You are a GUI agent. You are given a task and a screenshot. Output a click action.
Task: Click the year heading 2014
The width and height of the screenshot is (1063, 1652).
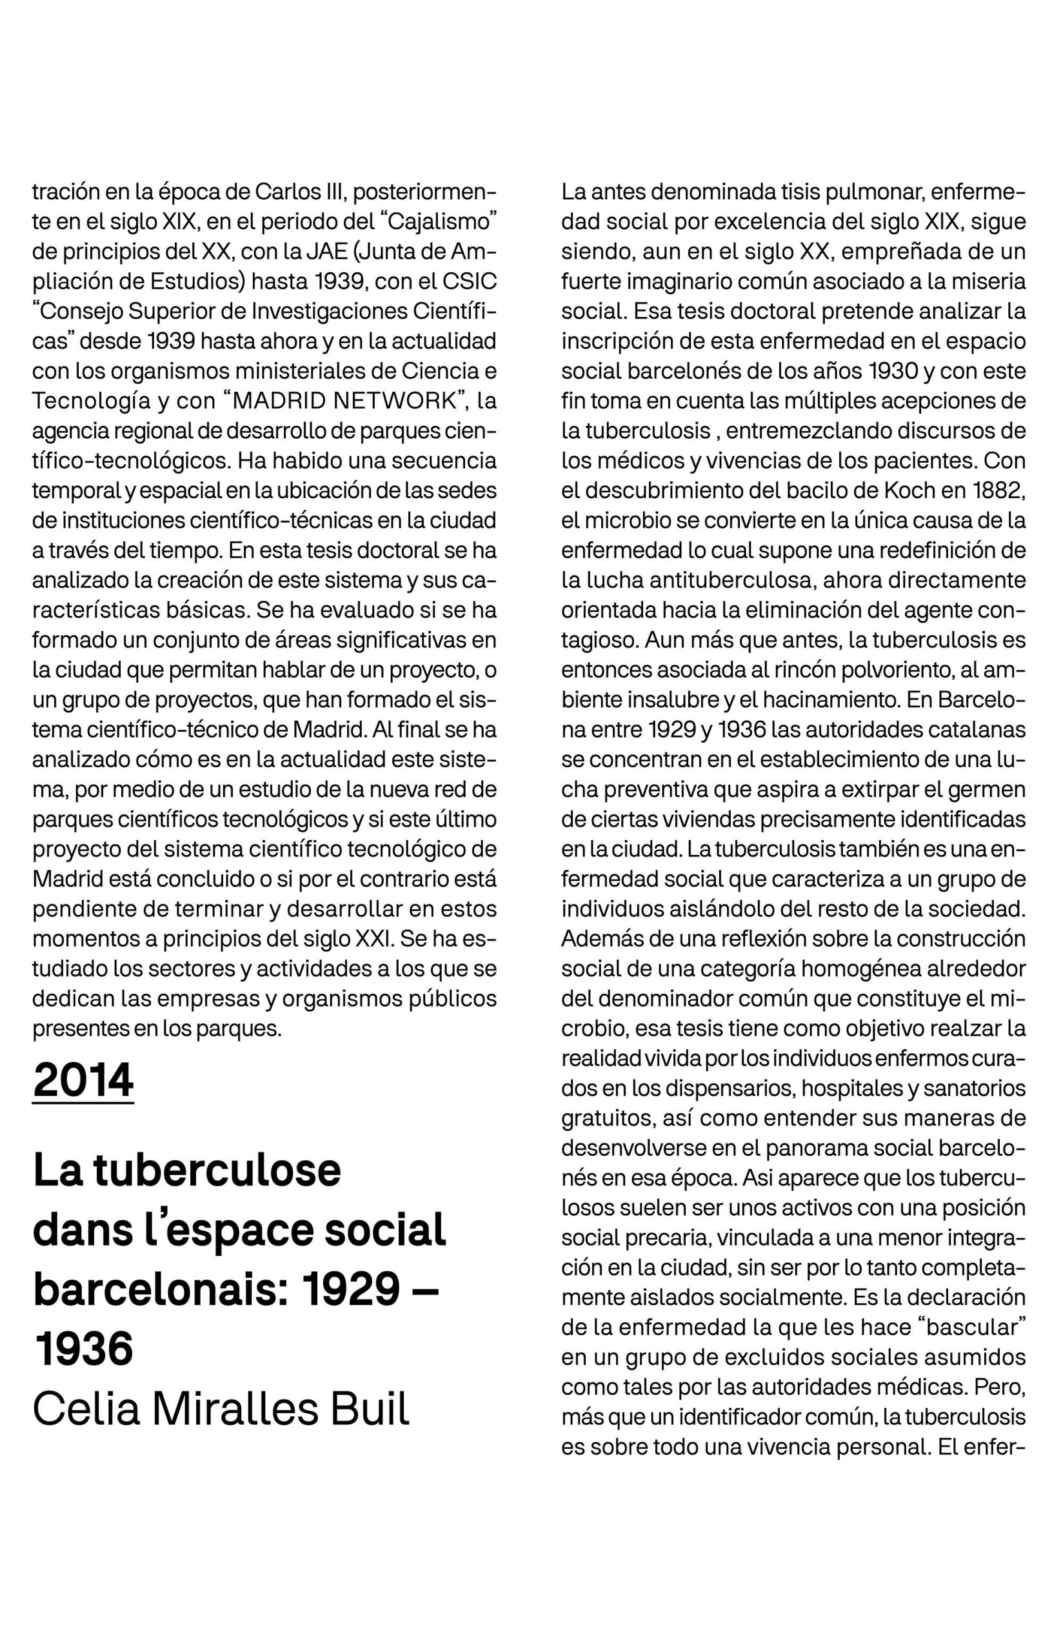[x=83, y=1080]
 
